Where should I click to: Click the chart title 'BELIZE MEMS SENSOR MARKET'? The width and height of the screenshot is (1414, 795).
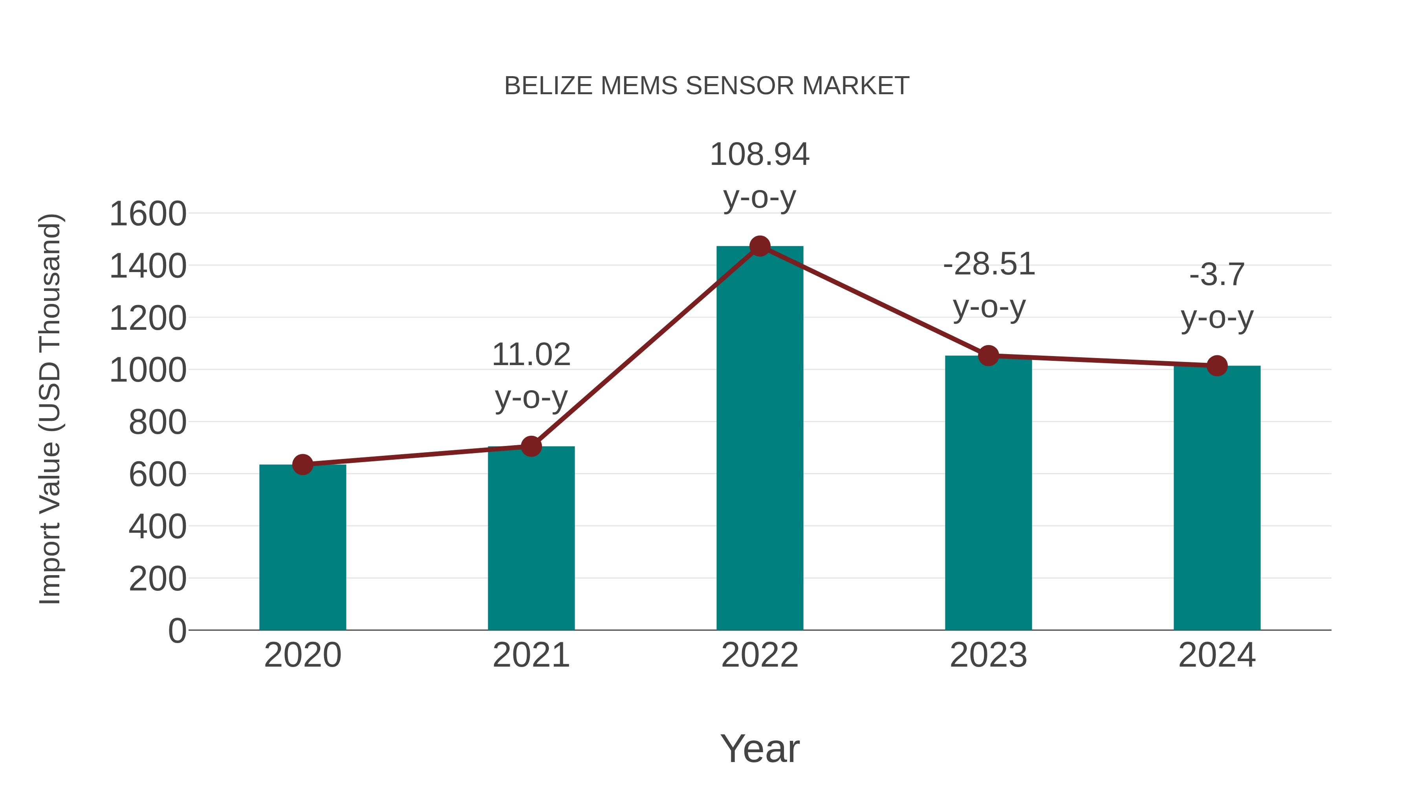tap(707, 86)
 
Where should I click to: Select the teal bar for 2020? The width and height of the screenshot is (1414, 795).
tap(302, 549)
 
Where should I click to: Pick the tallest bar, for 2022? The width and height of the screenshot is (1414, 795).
tap(760, 439)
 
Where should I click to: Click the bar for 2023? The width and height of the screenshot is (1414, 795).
tap(988, 494)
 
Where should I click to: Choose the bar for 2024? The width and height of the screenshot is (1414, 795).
tap(1217, 499)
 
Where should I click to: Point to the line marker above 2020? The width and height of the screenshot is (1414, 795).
tap(302, 465)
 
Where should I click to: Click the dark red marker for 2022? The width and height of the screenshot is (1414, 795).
tap(760, 246)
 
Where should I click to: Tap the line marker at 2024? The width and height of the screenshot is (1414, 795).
tap(1217, 366)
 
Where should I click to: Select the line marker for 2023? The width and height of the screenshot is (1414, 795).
tap(988, 356)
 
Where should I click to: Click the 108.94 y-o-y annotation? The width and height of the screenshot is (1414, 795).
tap(760, 155)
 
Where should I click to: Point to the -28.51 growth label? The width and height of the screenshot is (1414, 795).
tap(989, 265)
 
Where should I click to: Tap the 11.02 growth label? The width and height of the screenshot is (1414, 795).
tap(531, 355)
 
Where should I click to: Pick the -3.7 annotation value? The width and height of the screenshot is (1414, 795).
tap(1217, 275)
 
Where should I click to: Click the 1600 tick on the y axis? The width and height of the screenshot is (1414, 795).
tap(148, 214)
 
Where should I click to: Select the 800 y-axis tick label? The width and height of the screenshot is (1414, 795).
tap(158, 422)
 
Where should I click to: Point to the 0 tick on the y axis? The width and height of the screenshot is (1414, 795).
tap(177, 631)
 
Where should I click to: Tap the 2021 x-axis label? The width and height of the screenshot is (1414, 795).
tap(531, 655)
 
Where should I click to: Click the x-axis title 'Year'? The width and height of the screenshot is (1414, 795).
tap(760, 748)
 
